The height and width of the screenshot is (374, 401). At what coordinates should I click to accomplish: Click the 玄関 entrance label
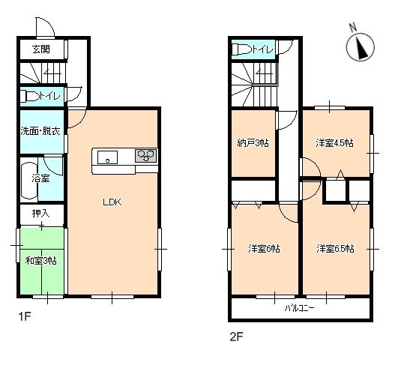[x=41, y=50]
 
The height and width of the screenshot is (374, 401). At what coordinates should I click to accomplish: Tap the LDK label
[x=112, y=202]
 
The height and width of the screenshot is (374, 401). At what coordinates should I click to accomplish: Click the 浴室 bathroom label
[x=41, y=178]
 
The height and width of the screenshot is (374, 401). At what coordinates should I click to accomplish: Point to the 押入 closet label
[x=41, y=214]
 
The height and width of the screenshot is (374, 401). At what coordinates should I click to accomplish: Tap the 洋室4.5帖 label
[x=334, y=142]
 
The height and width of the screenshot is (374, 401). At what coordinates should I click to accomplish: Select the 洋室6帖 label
[x=264, y=248]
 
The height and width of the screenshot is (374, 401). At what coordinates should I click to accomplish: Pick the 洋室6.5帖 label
[x=335, y=248]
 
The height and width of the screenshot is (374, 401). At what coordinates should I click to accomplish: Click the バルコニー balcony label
[x=299, y=308]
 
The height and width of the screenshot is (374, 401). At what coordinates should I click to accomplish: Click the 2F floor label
[x=235, y=337]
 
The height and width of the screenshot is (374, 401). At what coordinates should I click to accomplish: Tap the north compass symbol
[x=360, y=49]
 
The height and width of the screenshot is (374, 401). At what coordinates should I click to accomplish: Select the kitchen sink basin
[x=106, y=157]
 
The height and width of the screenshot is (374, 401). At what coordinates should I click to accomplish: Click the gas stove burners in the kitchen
[x=145, y=156]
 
